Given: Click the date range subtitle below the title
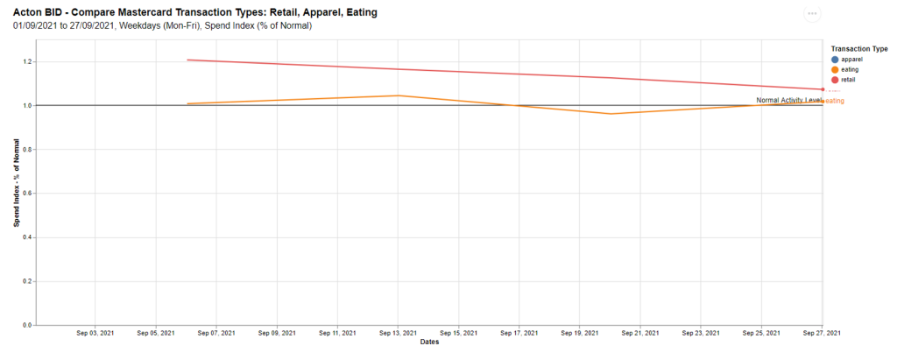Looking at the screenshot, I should pyautogui.click(x=163, y=25).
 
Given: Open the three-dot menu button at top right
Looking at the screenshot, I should pyautogui.click(x=812, y=14).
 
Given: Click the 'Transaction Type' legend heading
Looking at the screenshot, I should pyautogui.click(x=858, y=48).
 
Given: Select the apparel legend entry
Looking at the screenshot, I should pyautogui.click(x=851, y=59).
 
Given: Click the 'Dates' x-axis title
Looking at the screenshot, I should pyautogui.click(x=429, y=342).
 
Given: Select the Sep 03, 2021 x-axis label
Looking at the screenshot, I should pyautogui.click(x=95, y=334).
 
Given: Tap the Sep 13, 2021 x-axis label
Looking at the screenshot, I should pyautogui.click(x=398, y=334).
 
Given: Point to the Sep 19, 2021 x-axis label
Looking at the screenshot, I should pyautogui.click(x=580, y=334).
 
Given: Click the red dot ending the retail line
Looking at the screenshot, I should pyautogui.click(x=823, y=89).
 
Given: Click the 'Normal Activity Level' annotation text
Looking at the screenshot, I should pyautogui.click(x=788, y=100).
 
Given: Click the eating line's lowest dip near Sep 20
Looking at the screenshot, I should pyautogui.click(x=611, y=114).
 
